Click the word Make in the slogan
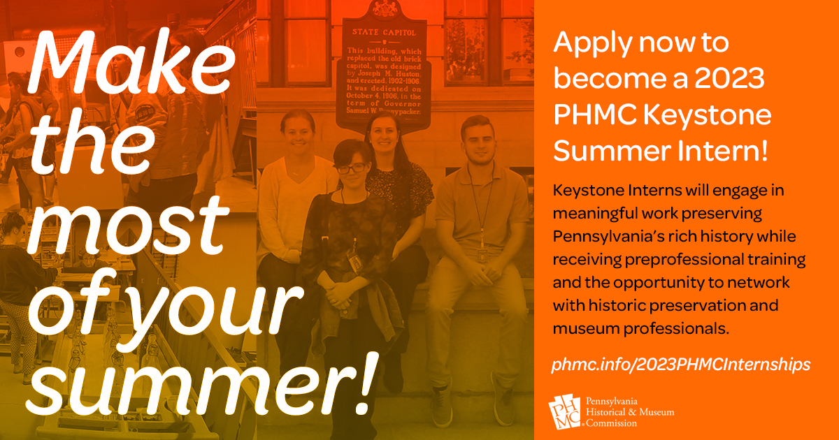pos(131,61)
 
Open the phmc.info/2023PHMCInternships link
pos(681,365)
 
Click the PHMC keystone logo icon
pos(565,411)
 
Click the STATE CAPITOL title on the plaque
pos(384,33)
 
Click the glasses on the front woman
pos(351,168)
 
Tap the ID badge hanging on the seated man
pos(482,256)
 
